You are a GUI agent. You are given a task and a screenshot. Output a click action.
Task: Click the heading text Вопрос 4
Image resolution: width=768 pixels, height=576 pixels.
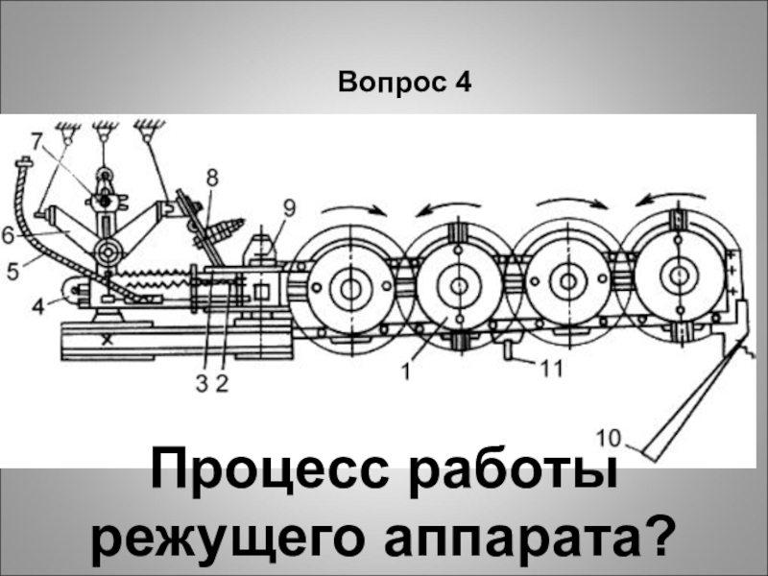[x=404, y=84]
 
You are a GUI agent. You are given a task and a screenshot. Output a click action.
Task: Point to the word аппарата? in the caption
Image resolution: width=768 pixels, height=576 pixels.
[x=538, y=538]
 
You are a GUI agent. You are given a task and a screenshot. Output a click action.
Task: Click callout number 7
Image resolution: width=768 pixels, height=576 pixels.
[x=36, y=141]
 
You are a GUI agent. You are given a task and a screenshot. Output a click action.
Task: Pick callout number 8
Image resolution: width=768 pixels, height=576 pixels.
[x=211, y=177]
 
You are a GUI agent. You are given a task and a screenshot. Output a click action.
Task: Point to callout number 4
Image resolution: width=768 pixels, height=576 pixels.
[x=36, y=308]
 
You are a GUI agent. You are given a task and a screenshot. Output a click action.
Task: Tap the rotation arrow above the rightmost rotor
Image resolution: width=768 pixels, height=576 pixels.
[x=666, y=200]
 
